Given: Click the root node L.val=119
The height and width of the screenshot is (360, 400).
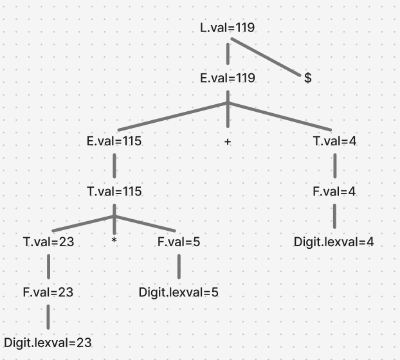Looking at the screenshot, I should tap(228, 28).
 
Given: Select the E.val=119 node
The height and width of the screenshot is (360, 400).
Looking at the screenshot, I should tap(228, 78).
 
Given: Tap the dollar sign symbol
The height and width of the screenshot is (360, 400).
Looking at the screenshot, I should tap(308, 78).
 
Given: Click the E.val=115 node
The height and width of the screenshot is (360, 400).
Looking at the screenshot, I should tap(114, 141).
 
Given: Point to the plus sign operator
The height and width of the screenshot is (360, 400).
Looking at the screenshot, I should tap(228, 141).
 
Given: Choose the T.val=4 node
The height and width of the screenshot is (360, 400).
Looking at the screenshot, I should tap(334, 141).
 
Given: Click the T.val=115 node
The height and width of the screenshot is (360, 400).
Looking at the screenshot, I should tap(114, 192).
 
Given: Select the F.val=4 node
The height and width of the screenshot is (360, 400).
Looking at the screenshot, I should tap(334, 192).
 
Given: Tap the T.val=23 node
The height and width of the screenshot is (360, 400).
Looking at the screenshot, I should tap(49, 242).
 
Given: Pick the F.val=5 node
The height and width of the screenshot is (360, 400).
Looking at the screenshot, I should tap(179, 242).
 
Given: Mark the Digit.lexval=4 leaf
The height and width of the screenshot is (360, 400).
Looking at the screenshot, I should tap(334, 242).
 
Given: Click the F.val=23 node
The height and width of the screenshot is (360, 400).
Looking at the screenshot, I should tap(48, 292).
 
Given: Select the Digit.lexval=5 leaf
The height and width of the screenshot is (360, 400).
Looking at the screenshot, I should tap(179, 292).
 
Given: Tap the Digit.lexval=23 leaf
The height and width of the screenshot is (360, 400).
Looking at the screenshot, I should tap(48, 343).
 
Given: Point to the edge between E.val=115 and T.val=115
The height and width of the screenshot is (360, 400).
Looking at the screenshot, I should tap(114, 166).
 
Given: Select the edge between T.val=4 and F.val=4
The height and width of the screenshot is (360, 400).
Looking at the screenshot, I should tap(334, 166).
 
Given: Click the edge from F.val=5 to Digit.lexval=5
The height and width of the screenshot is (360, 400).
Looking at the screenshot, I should tap(179, 267).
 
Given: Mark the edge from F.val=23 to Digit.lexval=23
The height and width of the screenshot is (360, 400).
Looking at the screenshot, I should tap(48, 318).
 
